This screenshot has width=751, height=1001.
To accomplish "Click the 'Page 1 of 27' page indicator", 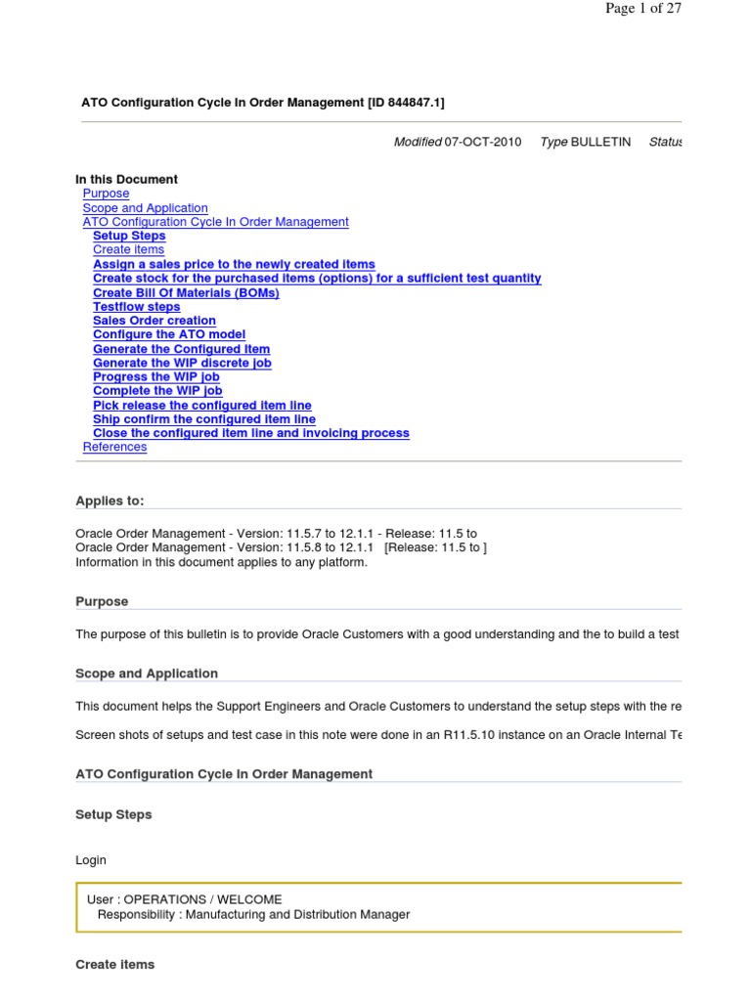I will (x=642, y=9).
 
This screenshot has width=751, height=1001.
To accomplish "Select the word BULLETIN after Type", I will (x=601, y=143).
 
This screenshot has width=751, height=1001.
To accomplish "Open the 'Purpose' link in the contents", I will (x=106, y=194).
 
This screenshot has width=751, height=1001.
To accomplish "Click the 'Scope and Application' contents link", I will (x=145, y=208).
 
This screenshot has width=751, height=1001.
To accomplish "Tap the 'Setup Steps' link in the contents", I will (x=129, y=236).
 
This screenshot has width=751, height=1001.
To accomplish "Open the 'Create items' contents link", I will (x=128, y=250).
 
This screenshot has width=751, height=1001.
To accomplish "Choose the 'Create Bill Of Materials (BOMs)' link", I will (x=186, y=292).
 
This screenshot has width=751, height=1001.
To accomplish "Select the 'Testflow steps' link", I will (x=136, y=307).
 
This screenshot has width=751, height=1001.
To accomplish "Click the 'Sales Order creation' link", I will (x=155, y=321).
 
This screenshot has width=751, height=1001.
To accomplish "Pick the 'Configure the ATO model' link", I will (x=161, y=334).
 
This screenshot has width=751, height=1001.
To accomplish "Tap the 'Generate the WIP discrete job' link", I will (x=182, y=363).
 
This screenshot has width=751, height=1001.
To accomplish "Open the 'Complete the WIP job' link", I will (x=157, y=391).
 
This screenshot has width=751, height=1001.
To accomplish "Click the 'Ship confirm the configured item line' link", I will (x=203, y=419).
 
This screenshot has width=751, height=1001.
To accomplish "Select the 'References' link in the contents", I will (x=114, y=447).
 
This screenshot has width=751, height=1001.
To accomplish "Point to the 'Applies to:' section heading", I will (x=110, y=501).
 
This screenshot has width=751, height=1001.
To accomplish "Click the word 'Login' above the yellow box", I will (x=91, y=861).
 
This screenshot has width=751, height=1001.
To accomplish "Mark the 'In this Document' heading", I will (x=126, y=180).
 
